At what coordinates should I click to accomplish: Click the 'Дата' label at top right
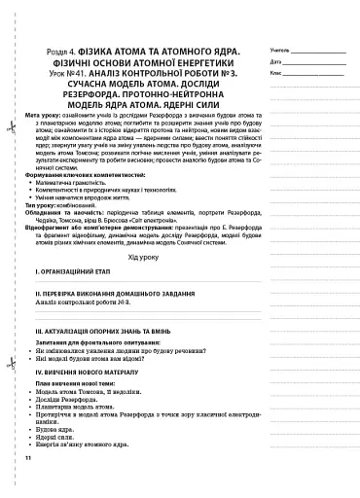(x=277, y=61)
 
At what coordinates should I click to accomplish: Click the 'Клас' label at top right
(x=277, y=73)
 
